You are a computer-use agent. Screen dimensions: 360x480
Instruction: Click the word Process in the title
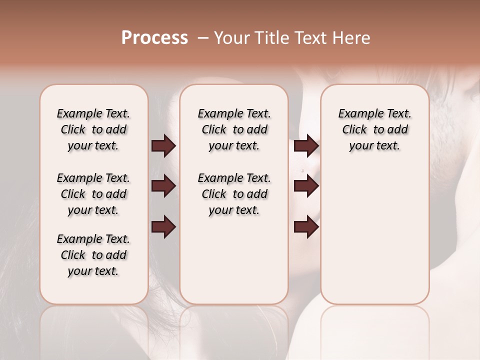154,38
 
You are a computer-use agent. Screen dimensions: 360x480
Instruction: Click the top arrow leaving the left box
163,146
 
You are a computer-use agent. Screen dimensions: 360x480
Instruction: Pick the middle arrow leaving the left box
163,186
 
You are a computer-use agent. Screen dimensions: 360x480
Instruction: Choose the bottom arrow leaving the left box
163,227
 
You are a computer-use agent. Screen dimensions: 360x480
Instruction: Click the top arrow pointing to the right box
306,146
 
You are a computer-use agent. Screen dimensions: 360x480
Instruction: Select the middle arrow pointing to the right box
306,186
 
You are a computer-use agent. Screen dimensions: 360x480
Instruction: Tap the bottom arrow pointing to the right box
306,227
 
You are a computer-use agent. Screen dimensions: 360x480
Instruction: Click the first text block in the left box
93,129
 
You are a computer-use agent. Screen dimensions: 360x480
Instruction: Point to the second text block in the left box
93,194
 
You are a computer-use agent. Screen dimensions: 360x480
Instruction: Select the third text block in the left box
93,255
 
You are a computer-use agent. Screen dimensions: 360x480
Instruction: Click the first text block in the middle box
234,129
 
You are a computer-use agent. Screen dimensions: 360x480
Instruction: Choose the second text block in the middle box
234,194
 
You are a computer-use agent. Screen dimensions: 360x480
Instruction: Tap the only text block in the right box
374,129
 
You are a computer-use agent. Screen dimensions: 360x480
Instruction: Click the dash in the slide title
203,38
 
